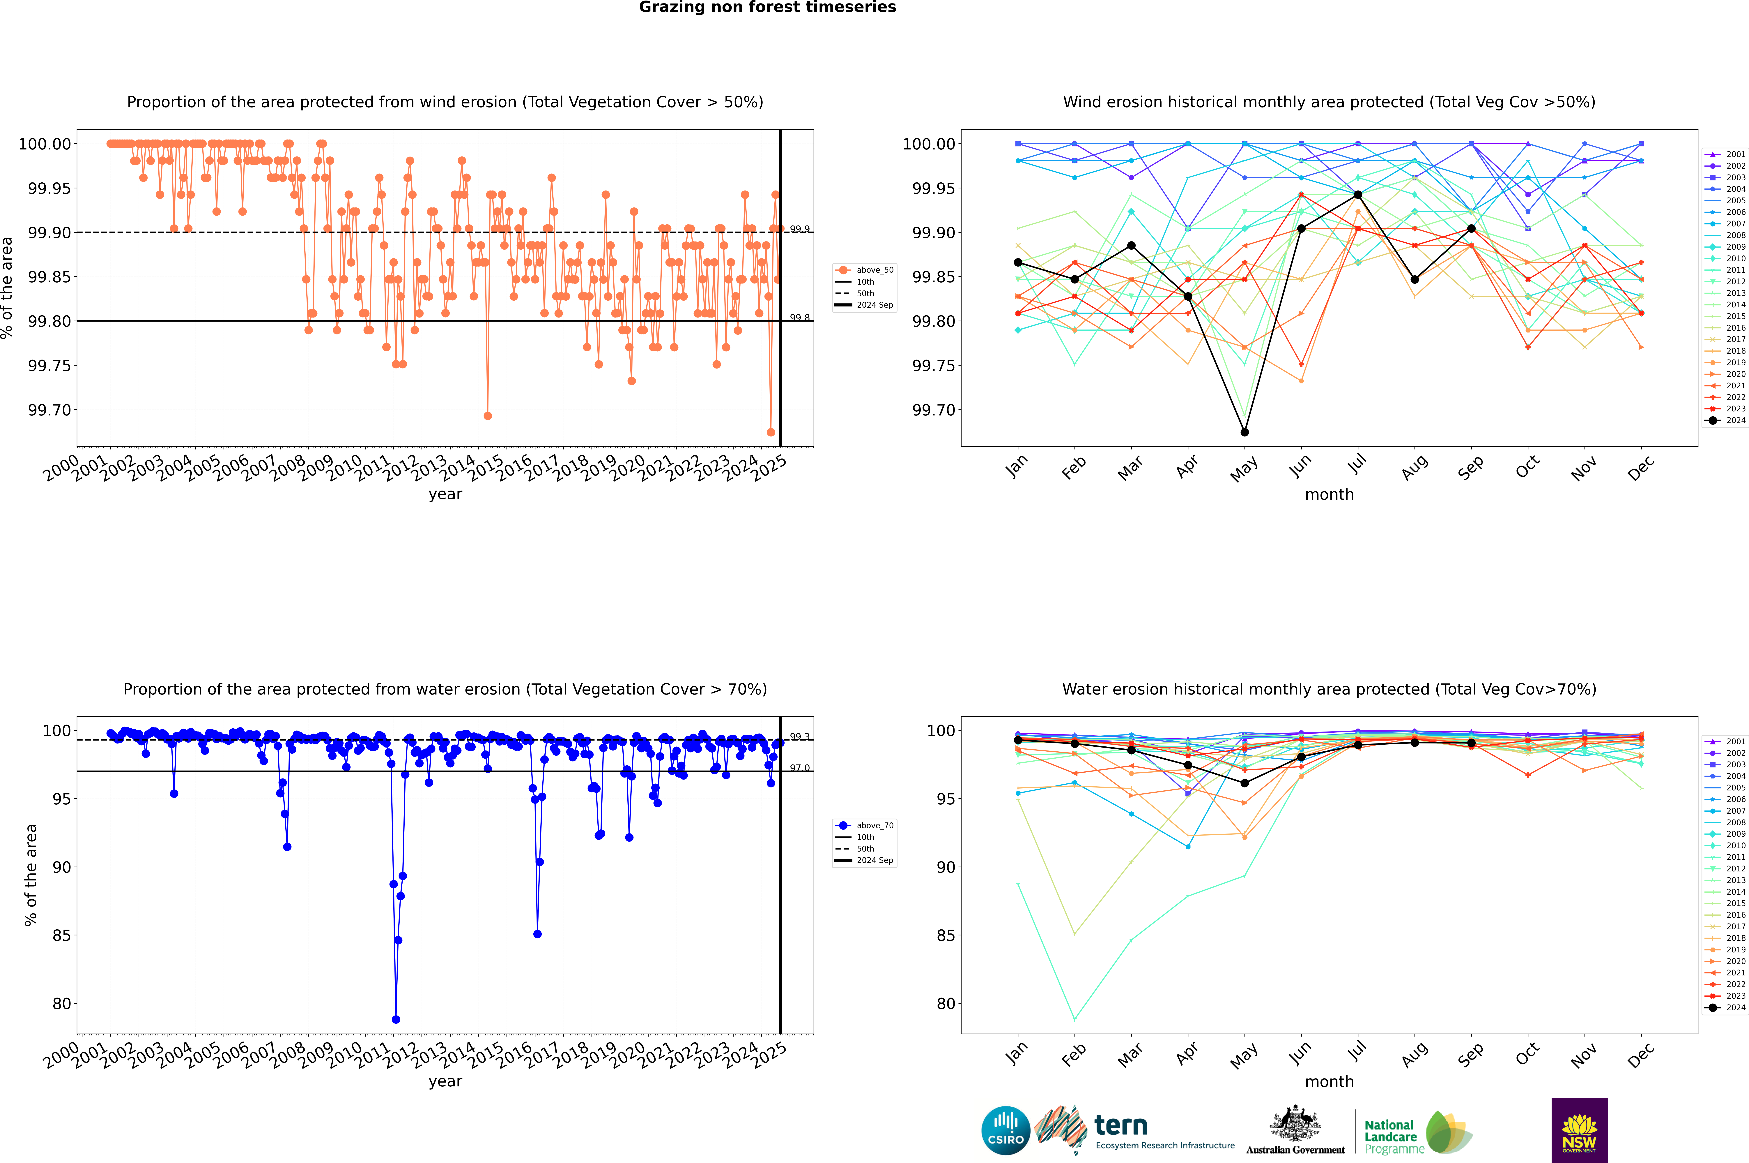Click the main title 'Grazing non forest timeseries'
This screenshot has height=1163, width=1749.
(x=767, y=7)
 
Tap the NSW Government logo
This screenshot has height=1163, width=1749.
(x=1579, y=1130)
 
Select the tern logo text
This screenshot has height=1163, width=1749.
(x=1121, y=1126)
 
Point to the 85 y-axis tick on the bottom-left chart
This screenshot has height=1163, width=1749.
(x=61, y=935)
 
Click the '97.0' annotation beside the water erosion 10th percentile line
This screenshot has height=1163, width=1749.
(x=800, y=768)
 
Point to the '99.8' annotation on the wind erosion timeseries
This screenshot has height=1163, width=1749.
(x=800, y=318)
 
